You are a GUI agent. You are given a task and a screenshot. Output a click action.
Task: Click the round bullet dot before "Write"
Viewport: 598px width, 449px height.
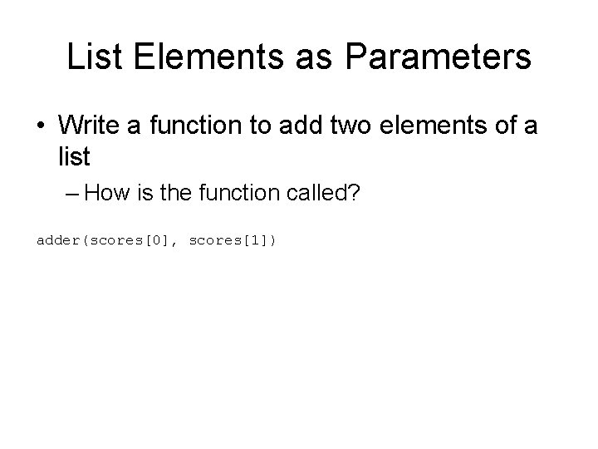(x=41, y=126)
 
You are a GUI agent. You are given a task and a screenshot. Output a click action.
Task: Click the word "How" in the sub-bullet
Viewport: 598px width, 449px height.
(x=105, y=194)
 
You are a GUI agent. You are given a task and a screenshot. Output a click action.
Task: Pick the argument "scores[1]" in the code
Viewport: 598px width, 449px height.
(x=228, y=240)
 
